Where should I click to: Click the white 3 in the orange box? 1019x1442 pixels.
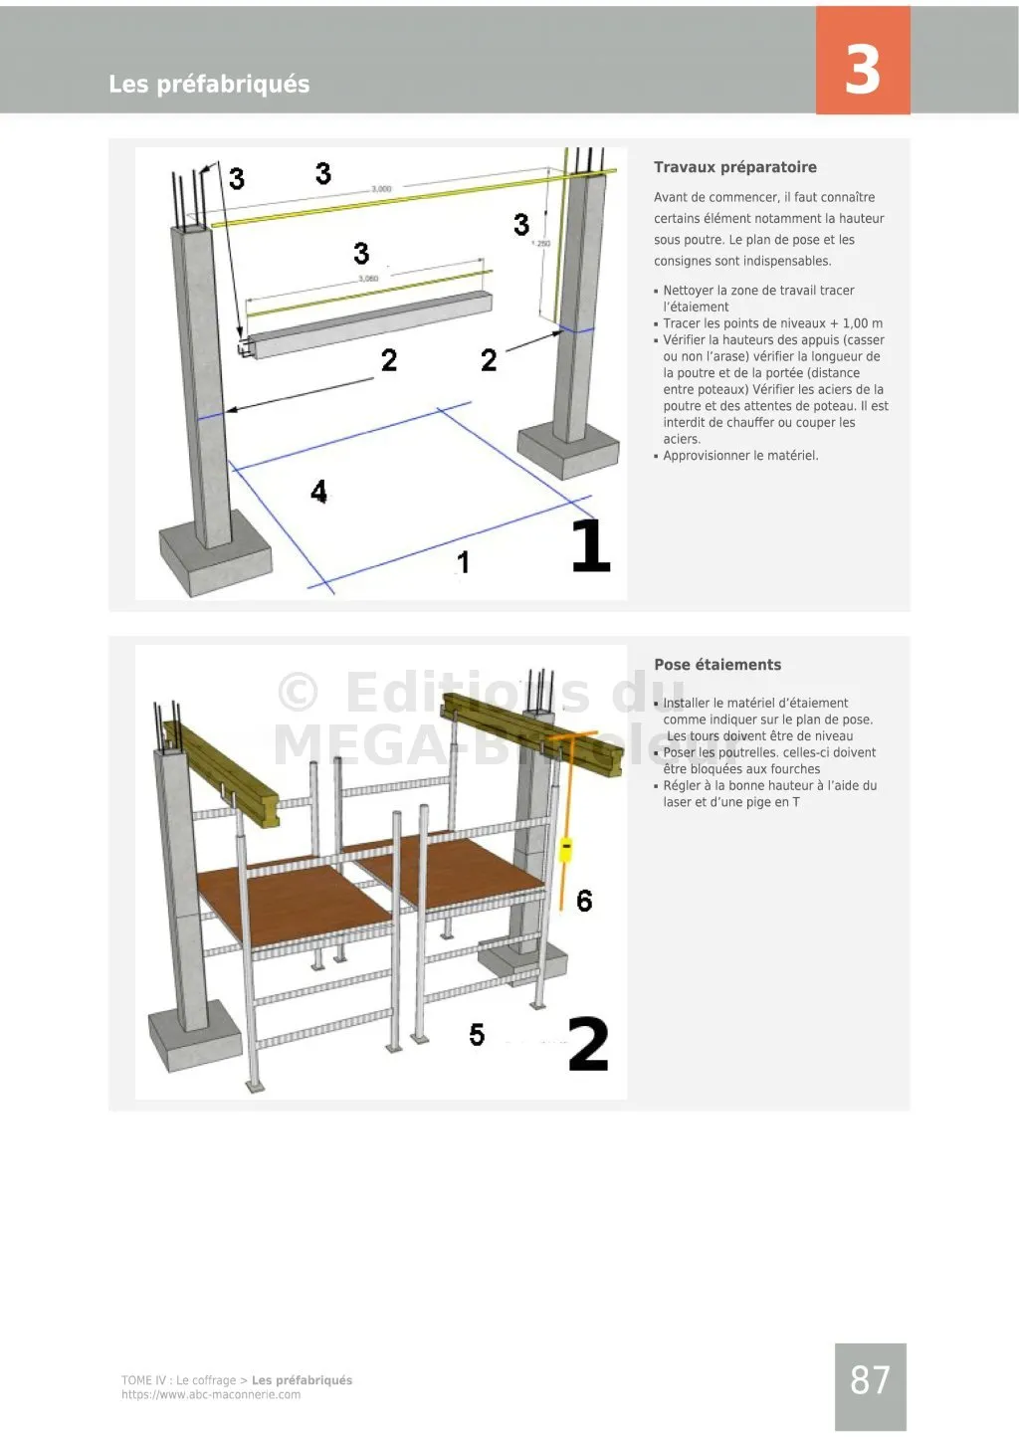862,70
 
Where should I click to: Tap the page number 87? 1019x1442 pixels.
870,1380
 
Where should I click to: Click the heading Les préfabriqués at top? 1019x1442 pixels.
209,85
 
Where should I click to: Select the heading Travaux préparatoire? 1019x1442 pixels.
734,167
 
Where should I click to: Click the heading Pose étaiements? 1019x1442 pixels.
717,665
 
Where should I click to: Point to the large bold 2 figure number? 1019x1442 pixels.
588,1044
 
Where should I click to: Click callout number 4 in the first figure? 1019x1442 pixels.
318,492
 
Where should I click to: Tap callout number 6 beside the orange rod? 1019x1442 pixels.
584,901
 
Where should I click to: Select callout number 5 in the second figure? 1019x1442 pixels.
477,1035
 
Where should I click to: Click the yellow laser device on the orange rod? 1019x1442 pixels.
565,850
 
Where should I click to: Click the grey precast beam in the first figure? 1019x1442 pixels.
368,323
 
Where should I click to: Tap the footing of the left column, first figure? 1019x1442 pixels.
216,559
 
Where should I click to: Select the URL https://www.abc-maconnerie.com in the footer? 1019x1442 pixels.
211,1395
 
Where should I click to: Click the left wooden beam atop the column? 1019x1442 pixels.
224,771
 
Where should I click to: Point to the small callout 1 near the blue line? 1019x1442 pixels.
463,562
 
